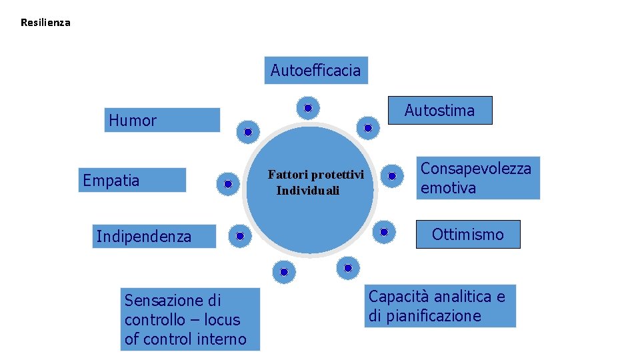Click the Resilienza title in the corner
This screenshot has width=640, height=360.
[x=45, y=23]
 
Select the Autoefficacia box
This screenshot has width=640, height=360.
[x=316, y=70]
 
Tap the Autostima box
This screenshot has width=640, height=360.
[x=439, y=111]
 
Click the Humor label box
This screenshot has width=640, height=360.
[x=162, y=120]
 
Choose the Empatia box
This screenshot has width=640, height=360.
[x=132, y=180]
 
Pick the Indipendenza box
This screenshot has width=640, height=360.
[x=156, y=236]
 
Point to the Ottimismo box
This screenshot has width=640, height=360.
[x=468, y=234]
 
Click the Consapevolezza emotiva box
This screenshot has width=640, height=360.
[x=477, y=178]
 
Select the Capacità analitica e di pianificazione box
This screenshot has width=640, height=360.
[x=441, y=306]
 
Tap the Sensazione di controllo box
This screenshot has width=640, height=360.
[x=191, y=319]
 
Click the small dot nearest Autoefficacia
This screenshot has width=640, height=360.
[x=308, y=107]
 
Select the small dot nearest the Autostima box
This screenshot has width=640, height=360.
[x=368, y=127]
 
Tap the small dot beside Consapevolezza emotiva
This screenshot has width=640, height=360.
[x=392, y=176]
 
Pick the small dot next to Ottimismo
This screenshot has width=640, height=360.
[x=384, y=232]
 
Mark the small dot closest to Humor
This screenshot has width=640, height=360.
[x=247, y=132]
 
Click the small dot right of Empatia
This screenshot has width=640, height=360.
[x=228, y=183]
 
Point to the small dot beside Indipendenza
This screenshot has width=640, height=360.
[x=239, y=235]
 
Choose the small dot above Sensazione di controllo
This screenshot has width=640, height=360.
[x=283, y=271]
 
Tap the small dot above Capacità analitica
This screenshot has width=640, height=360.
[x=348, y=268]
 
